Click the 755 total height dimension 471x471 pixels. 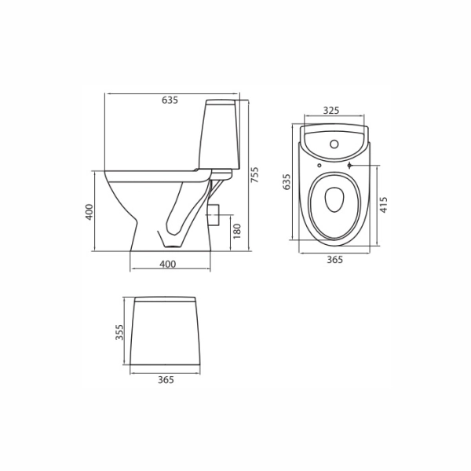(x=254, y=175)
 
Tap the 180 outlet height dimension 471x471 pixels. (x=237, y=231)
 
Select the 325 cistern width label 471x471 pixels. (x=331, y=111)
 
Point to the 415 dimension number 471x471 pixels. (x=384, y=205)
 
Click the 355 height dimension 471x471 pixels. (x=119, y=332)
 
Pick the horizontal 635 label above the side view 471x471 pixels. (x=170, y=100)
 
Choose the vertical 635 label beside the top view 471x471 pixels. (x=287, y=182)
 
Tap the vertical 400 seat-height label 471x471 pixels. (x=89, y=212)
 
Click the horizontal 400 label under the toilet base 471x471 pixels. (x=168, y=265)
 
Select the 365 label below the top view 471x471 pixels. (x=334, y=260)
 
